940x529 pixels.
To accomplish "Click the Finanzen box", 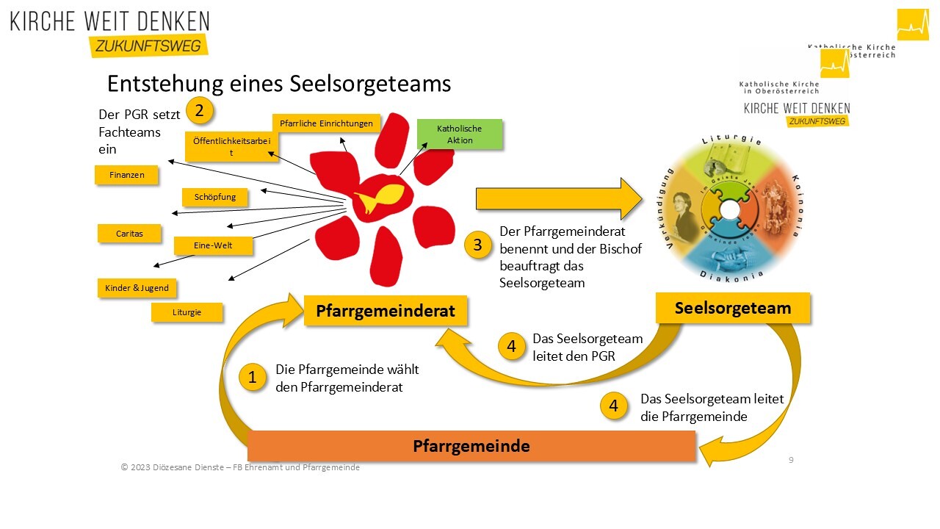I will [126, 176].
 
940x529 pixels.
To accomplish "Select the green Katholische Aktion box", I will [460, 134].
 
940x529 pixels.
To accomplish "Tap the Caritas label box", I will [129, 234].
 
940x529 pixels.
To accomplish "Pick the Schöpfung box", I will [214, 197].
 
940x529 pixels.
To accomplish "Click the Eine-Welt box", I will [213, 245].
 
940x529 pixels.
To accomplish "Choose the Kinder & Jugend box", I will [137, 288].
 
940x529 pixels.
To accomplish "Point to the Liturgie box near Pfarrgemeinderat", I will [187, 312].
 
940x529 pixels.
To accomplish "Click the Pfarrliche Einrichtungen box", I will [326, 123].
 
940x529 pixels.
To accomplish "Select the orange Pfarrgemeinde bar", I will [471, 446].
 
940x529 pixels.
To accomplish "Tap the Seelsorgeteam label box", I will [732, 308].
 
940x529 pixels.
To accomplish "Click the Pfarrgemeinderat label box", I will [386, 311].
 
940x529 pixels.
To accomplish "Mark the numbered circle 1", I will [253, 378].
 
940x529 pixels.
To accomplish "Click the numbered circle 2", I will [199, 112].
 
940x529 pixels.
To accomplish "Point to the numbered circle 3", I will [477, 245].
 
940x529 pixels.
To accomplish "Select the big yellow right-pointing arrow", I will [558, 198].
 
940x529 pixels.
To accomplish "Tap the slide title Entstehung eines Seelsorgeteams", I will [279, 84].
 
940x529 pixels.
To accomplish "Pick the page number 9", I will [791, 460].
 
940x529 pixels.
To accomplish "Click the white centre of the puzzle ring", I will [730, 209].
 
